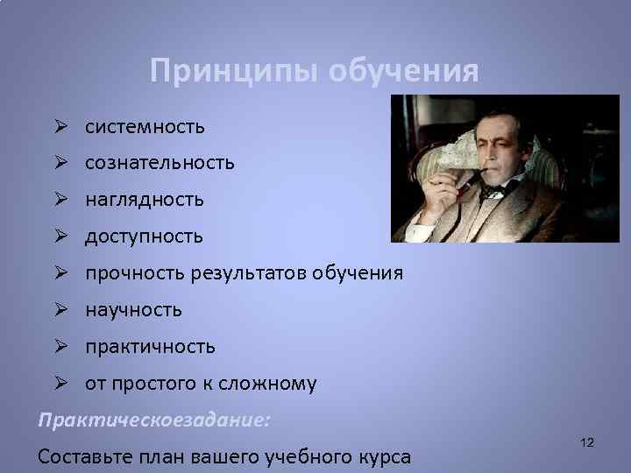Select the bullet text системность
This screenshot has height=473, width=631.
[x=145, y=127]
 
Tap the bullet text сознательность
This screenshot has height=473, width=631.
[x=160, y=164]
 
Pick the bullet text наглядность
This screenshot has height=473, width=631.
[x=145, y=200]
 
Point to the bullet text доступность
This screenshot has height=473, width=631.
[x=144, y=236]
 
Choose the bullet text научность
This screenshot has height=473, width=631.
[x=133, y=309]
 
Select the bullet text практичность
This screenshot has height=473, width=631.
[x=150, y=346]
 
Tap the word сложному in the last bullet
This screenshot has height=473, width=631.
[x=274, y=384]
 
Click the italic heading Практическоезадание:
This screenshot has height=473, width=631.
[x=154, y=420]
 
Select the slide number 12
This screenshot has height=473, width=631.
[x=587, y=444]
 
